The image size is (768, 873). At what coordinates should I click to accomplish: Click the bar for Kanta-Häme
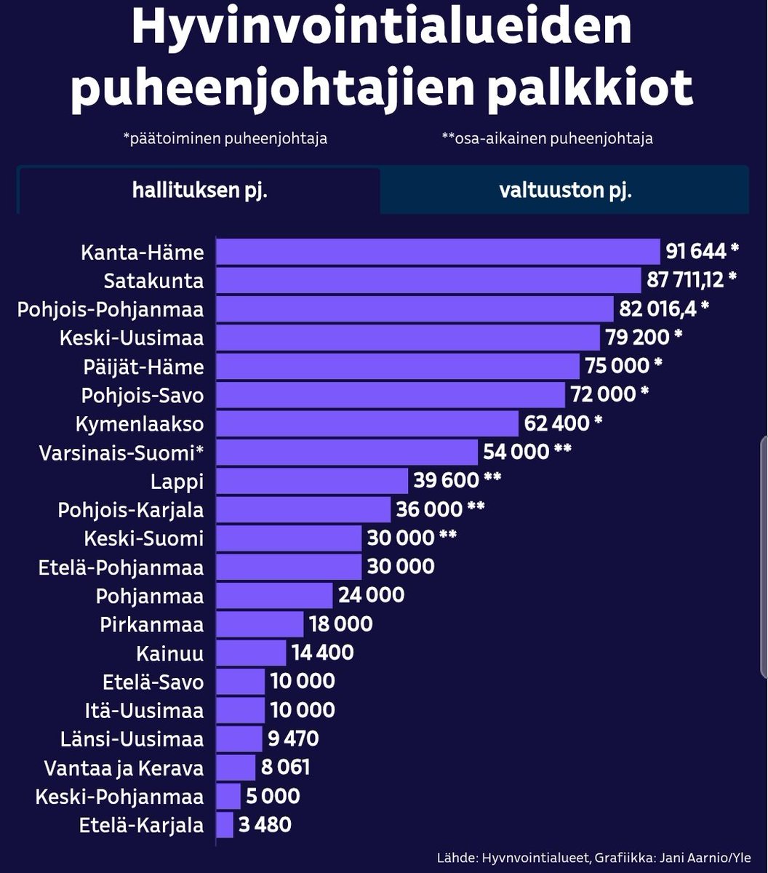pyautogui.click(x=439, y=252)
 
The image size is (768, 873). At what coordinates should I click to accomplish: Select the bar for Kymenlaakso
pyautogui.click(x=367, y=423)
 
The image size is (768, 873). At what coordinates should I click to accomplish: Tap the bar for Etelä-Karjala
pyautogui.click(x=225, y=825)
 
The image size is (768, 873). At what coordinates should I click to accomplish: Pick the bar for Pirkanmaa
pyautogui.click(x=260, y=624)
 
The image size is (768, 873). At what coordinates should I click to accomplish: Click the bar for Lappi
pyautogui.click(x=312, y=481)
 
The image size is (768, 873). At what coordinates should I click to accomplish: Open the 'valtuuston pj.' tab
pyautogui.click(x=564, y=191)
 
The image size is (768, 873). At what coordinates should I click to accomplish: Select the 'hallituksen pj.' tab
pyautogui.click(x=199, y=191)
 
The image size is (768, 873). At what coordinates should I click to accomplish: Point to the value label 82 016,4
pyautogui.click(x=657, y=309)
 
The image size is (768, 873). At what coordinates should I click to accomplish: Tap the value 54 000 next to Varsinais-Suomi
pyautogui.click(x=516, y=452)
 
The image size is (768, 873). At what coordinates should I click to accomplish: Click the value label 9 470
pyautogui.click(x=294, y=739)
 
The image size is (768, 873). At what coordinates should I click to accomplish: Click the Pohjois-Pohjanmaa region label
pyautogui.click(x=111, y=309)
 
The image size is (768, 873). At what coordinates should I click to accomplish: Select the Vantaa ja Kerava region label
pyautogui.click(x=124, y=768)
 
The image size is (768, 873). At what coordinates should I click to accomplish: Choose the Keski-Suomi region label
pyautogui.click(x=144, y=538)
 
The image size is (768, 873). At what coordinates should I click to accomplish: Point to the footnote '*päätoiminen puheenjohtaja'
pyautogui.click(x=225, y=138)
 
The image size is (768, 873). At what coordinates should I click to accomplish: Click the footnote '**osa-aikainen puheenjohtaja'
pyautogui.click(x=547, y=138)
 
